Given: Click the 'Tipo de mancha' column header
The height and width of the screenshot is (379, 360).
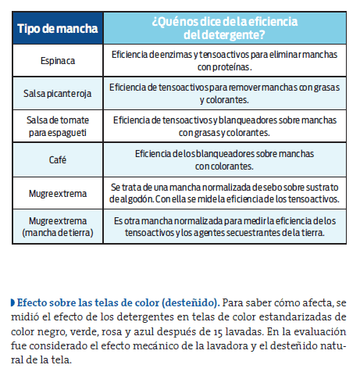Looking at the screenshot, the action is pos(58,29).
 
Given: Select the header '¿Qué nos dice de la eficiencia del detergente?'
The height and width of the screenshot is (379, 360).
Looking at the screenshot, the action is pos(223,29).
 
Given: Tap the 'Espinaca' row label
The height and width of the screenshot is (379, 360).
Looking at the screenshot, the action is pos(58,60).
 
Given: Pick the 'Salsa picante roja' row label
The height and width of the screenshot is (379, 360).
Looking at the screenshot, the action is pos(58,94).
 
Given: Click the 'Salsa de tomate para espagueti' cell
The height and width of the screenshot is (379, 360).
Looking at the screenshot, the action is pos(58,127).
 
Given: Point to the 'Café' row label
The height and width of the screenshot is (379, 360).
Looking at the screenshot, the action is pos(58,159).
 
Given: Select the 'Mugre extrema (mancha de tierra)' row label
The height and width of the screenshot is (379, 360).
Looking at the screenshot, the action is pos(58,227).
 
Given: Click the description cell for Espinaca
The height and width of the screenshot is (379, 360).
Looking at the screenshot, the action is pos(223,60).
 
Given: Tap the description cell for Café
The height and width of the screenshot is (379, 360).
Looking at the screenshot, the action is pos(223,159).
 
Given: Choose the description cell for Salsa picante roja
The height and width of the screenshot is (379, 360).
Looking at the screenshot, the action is pos(223,94).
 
